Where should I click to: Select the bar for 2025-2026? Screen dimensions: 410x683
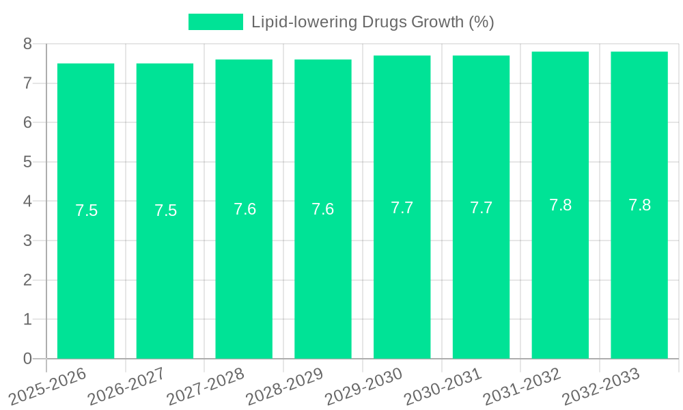[x=85, y=273]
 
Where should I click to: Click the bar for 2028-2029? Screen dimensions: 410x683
[x=323, y=273]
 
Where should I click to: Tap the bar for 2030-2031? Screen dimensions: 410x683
[x=481, y=273]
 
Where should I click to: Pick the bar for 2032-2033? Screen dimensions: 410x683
[x=639, y=273]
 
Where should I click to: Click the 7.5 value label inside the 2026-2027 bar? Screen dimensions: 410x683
[x=165, y=210]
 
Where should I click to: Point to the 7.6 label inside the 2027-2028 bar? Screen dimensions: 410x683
[x=245, y=209]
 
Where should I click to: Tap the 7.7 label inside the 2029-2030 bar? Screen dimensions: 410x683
[x=402, y=208]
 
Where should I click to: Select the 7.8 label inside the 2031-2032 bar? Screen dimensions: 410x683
[x=560, y=205]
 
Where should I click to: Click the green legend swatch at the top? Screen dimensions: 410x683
[x=215, y=22]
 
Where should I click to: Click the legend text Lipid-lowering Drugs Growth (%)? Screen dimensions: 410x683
[x=372, y=22]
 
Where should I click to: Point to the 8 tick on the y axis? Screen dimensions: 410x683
[x=27, y=44]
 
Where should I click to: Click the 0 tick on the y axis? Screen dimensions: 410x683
[x=27, y=359]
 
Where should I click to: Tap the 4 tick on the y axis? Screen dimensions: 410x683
[x=27, y=202]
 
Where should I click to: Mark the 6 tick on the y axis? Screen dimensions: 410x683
[x=27, y=123]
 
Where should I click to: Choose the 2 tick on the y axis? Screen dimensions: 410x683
[x=27, y=280]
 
